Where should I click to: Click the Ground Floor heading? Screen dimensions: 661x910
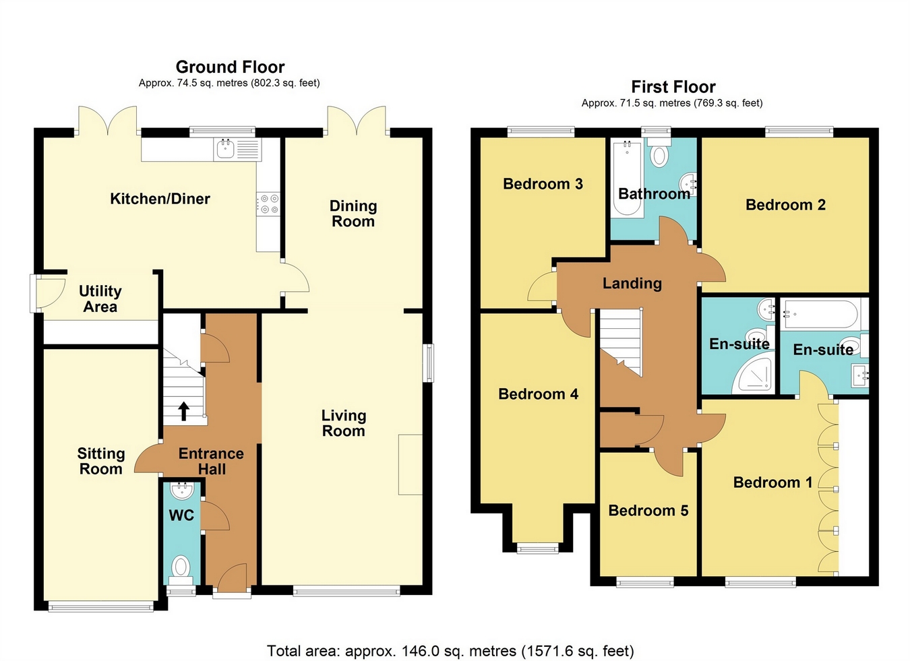click(x=230, y=67)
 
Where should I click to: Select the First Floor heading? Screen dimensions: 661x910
click(x=673, y=87)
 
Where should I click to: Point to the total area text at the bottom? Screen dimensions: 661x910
click(x=450, y=651)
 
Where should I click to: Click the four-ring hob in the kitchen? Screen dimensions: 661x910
click(x=269, y=204)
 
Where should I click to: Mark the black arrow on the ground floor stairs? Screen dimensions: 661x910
click(x=183, y=410)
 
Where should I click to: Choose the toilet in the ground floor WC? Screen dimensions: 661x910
click(x=181, y=567)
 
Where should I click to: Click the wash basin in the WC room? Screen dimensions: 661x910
click(x=182, y=490)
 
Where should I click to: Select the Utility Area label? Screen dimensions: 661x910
click(x=100, y=298)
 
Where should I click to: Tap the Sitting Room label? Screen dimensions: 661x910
click(x=101, y=462)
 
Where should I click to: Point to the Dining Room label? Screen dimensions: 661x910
click(x=353, y=214)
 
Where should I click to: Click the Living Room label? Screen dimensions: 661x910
click(x=343, y=423)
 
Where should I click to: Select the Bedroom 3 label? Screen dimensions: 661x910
click(x=543, y=184)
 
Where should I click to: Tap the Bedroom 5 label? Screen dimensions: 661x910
click(x=648, y=511)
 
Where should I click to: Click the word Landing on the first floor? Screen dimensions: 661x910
click(x=632, y=284)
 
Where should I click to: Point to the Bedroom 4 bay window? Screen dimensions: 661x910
click(x=537, y=548)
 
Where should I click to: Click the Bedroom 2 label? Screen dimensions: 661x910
click(x=785, y=205)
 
